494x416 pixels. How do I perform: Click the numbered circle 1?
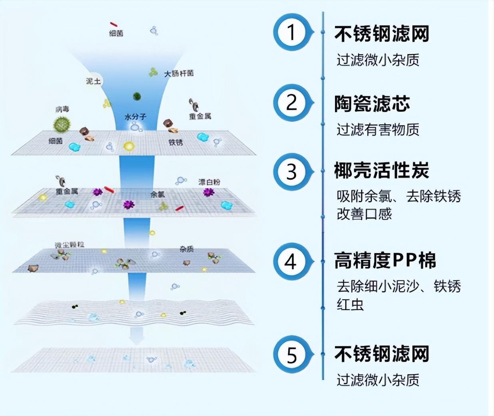[291, 32]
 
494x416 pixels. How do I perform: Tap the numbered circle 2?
[291, 102]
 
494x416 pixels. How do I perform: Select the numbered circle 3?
[291, 172]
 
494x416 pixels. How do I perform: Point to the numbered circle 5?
[291, 355]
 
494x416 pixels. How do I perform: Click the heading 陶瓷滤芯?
[372, 103]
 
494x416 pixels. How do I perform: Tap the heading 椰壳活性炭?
[382, 171]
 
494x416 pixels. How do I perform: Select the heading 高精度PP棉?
[385, 261]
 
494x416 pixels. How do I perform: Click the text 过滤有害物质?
[378, 129]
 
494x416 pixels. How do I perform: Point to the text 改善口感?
[364, 214]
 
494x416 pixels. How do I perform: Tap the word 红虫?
[350, 305]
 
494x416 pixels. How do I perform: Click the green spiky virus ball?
[62, 124]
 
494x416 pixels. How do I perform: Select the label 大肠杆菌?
[179, 73]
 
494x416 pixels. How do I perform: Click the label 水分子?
[135, 117]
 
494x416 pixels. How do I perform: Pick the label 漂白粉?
[209, 182]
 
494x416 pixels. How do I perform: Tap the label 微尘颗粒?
[70, 244]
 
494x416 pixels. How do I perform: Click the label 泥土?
[94, 81]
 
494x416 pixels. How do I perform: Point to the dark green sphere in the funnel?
[137, 96]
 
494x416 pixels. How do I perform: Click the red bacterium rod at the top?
[114, 24]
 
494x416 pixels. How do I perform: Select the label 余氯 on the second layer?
[157, 194]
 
